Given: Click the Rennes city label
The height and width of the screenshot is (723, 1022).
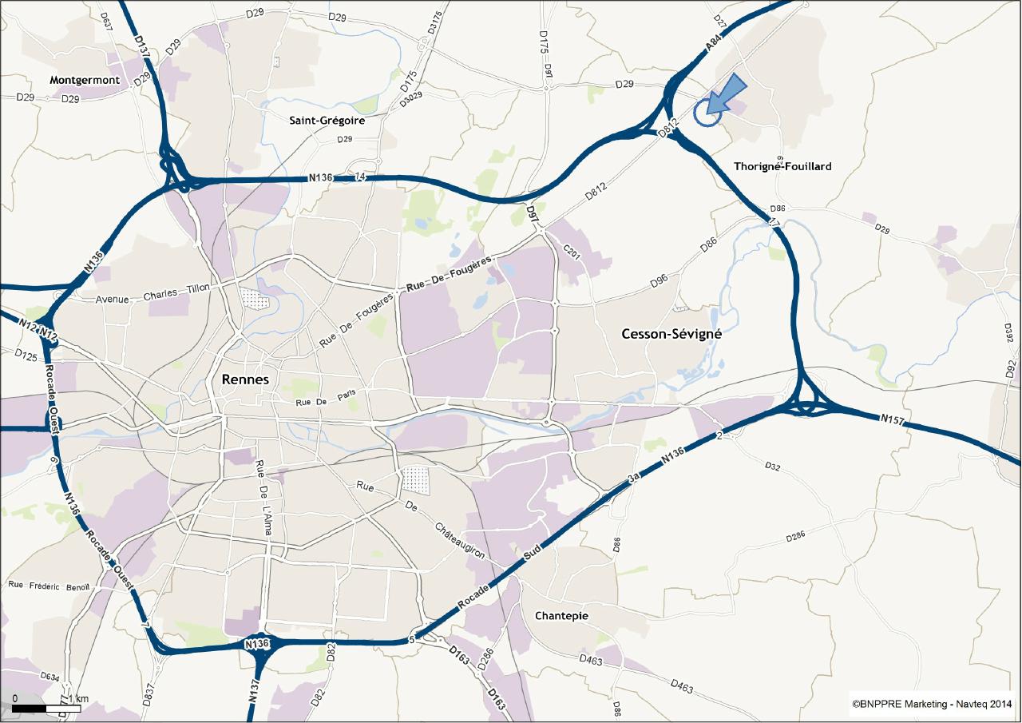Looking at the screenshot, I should tap(247, 379).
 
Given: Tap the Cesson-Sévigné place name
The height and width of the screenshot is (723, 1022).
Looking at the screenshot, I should tap(671, 335).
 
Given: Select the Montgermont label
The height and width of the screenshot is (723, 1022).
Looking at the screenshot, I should tap(85, 80).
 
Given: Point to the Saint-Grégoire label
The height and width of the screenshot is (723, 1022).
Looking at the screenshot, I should tap(327, 121).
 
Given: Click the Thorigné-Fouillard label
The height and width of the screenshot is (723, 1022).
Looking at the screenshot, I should tap(782, 166).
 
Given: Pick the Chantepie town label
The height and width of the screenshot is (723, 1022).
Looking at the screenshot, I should tap(561, 616).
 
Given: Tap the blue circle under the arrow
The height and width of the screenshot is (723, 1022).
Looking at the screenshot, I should tap(707, 113).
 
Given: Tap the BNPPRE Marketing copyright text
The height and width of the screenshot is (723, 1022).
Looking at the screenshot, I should tap(932, 704).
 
